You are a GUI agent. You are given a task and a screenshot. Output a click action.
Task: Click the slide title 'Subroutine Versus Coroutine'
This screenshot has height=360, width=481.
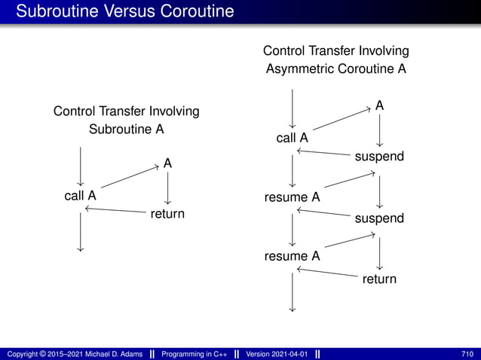click(x=125, y=12)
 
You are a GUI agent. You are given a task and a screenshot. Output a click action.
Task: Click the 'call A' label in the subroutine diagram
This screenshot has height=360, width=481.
click(x=80, y=196)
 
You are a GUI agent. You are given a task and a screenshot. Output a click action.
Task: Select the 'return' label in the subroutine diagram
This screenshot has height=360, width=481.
click(x=167, y=214)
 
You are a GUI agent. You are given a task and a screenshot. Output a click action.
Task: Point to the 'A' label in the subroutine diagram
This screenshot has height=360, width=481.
click(x=167, y=163)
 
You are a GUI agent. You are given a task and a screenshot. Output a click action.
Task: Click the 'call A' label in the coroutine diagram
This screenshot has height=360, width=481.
click(x=292, y=138)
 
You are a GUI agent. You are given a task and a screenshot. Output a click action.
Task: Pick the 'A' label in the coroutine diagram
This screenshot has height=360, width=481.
click(x=379, y=106)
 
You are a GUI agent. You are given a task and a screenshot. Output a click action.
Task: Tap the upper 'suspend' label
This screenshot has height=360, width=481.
click(x=379, y=157)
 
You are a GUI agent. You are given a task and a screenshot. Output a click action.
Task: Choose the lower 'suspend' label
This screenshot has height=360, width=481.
click(x=379, y=218)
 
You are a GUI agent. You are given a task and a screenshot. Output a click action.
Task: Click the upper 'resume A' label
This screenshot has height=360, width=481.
click(x=292, y=197)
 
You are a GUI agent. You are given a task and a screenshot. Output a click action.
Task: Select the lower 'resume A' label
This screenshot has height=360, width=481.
click(x=292, y=256)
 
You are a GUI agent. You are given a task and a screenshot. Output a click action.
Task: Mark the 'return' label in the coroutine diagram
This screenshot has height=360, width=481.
click(x=379, y=279)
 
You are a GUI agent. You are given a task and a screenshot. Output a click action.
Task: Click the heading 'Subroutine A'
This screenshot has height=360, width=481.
click(x=127, y=129)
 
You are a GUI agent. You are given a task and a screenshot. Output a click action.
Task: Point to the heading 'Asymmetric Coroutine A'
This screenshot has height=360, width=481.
click(x=336, y=69)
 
